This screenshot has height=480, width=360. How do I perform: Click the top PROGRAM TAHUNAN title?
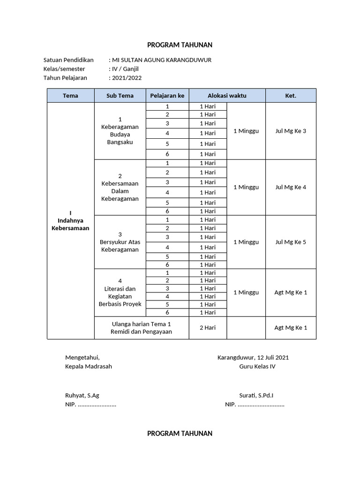pyautogui.click(x=180, y=45)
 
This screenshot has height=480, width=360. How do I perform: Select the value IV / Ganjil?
pyautogui.click(x=125, y=69)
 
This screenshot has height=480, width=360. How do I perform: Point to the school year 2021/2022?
pyautogui.click(x=126, y=78)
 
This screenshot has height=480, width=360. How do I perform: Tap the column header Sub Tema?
pyautogui.click(x=120, y=96)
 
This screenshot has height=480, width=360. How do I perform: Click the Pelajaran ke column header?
pyautogui.click(x=167, y=96)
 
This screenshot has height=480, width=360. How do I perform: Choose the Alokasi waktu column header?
pyautogui.click(x=227, y=96)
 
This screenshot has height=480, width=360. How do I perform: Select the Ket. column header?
pyautogui.click(x=291, y=96)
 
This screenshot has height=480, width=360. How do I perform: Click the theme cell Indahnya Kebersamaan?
pyautogui.click(x=70, y=220)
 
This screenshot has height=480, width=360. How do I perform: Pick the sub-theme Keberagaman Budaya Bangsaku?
pyautogui.click(x=120, y=131)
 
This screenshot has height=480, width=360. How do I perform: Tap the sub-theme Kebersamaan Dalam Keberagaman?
pyautogui.click(x=120, y=187)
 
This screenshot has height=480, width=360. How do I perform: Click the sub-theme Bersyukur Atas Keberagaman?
pyautogui.click(x=120, y=242)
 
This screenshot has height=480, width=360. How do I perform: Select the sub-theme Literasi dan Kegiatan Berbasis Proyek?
pyautogui.click(x=120, y=292)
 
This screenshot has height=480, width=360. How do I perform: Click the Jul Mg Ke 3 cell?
pyautogui.click(x=291, y=131)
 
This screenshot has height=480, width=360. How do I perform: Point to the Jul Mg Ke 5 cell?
pyautogui.click(x=291, y=242)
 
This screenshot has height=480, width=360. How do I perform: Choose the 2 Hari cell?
pyautogui.click(x=208, y=328)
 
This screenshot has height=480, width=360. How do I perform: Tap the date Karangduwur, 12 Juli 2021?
pyautogui.click(x=253, y=357)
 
